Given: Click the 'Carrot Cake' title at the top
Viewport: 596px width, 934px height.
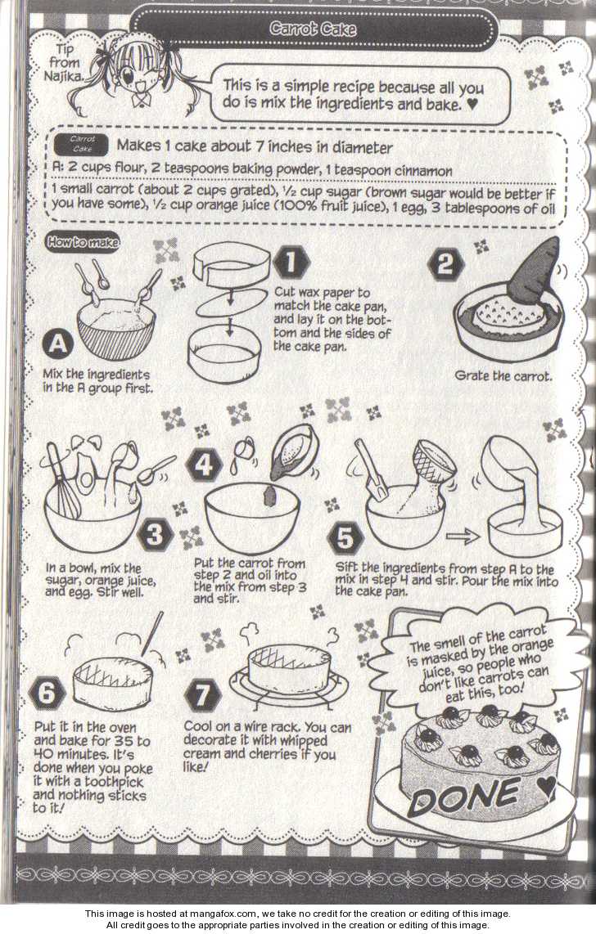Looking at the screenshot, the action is (312, 29).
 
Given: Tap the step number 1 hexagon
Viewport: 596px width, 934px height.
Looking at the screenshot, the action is (291, 263).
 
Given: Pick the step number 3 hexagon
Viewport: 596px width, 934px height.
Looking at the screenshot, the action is (155, 533).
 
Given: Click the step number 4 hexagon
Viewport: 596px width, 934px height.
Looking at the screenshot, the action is (204, 465).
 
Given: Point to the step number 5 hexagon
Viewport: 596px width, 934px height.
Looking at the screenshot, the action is (345, 538).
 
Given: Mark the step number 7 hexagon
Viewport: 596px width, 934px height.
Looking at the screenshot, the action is (203, 694).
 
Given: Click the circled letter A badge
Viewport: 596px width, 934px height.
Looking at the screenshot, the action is (58, 344).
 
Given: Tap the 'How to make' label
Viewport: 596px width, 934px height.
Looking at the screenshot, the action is (82, 242).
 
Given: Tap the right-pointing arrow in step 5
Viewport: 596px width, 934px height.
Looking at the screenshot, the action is (463, 537).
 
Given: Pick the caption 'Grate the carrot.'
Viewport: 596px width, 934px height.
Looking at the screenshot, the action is (503, 376).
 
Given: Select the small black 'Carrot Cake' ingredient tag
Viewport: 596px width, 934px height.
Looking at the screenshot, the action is (82, 144).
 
